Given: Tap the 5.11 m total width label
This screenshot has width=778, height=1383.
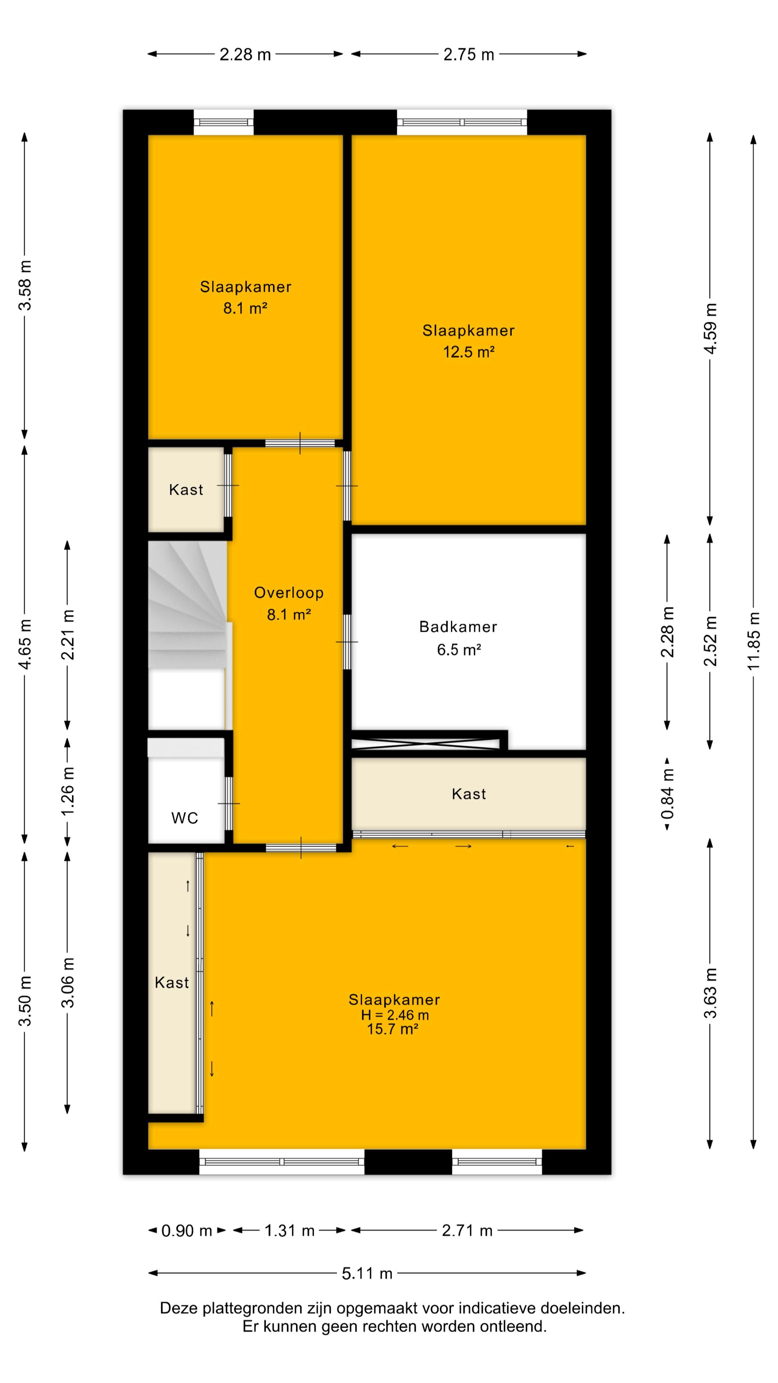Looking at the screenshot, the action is [x=367, y=1274].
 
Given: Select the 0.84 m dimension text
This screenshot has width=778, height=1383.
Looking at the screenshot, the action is [x=667, y=793].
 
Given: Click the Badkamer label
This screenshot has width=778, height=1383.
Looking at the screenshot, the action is [x=458, y=627].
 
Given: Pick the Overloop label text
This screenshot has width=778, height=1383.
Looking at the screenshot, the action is [x=289, y=593].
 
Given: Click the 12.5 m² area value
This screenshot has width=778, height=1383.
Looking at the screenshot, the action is [x=468, y=352].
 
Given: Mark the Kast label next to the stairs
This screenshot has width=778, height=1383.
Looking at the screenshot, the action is [x=186, y=490].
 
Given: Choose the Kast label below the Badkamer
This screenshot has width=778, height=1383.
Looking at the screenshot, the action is [x=469, y=794].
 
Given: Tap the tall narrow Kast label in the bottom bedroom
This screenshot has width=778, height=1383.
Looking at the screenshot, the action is [x=172, y=983].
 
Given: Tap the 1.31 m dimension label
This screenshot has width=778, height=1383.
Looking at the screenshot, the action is [x=289, y=1231].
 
